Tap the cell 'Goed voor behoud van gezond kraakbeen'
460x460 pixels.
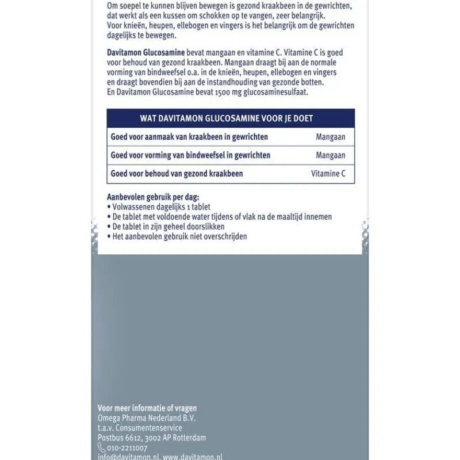tap(177, 174)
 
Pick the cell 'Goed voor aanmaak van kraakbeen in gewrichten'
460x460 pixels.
tap(189, 137)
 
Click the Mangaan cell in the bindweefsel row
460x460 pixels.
tap(331, 155)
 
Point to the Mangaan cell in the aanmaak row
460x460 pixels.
tap(331, 137)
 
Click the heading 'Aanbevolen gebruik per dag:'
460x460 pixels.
tap(153, 197)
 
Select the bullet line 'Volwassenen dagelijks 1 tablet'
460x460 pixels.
tap(161, 207)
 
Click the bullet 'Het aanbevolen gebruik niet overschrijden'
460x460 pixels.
tap(179, 236)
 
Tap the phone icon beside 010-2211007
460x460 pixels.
tap(102, 448)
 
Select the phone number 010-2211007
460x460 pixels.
tap(127, 448)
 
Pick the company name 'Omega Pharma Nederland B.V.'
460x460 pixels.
tap(147, 419)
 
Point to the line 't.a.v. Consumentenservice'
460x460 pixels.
tap(140, 428)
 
